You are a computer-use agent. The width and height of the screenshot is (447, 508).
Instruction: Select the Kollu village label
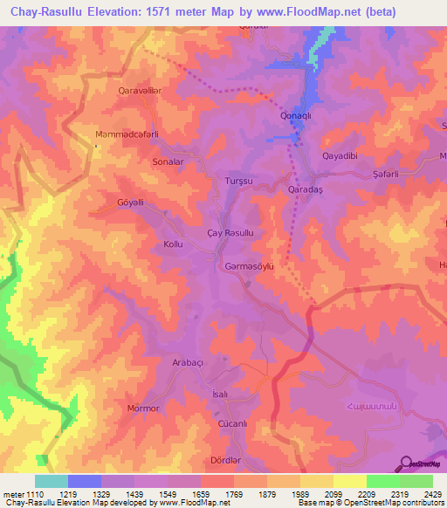(x=173, y=244)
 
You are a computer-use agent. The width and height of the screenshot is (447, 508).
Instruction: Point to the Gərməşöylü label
(x=250, y=265)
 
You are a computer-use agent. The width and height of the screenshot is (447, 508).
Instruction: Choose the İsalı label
(x=220, y=395)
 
